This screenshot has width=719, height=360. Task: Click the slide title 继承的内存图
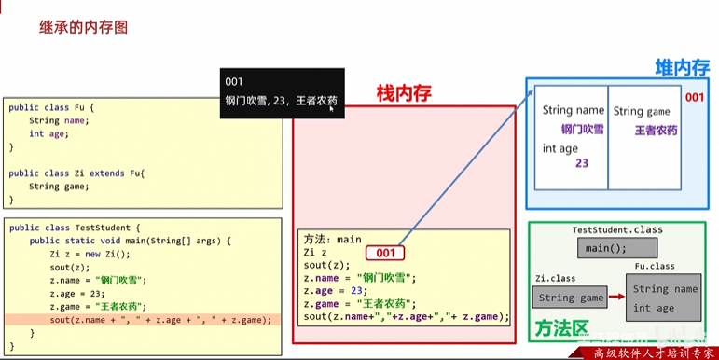pyautogui.click(x=83, y=27)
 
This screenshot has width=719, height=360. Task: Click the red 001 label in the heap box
pyautogui.click(x=695, y=97)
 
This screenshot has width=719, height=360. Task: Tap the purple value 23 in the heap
pyautogui.click(x=581, y=163)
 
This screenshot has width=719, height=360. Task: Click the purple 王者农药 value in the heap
pyautogui.click(x=656, y=130)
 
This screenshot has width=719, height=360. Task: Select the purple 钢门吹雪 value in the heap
pyautogui.click(x=582, y=130)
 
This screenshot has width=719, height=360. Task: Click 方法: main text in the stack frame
pyautogui.click(x=332, y=240)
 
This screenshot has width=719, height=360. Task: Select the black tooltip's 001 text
pyautogui.click(x=234, y=82)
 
